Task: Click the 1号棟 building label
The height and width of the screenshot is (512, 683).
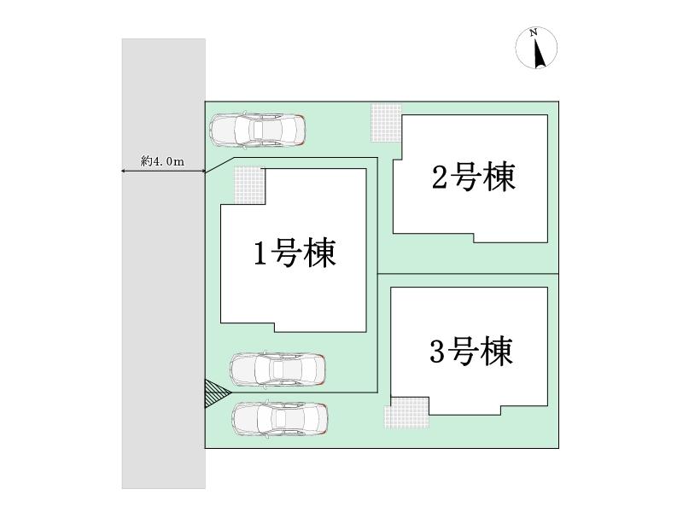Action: coord(295,253)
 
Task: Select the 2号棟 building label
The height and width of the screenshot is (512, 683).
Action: coord(474,177)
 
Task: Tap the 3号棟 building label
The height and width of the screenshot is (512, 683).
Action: coord(471,351)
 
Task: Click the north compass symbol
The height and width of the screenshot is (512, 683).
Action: coord(536,48)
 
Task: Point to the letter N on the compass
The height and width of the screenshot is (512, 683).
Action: coord(533,32)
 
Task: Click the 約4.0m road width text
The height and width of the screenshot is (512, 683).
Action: coord(162,161)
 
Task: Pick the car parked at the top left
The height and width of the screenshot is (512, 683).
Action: coord(258,130)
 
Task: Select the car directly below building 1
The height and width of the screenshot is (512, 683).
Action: coord(277,369)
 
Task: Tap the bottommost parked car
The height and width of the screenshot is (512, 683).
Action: coord(280,418)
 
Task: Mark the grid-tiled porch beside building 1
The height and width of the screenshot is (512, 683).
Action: coord(249,184)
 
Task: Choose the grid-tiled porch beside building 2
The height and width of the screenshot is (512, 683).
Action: coord(387,123)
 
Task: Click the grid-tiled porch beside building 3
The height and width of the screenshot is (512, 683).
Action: coord(406,412)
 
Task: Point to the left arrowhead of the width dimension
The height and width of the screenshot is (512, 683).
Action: coord(122,172)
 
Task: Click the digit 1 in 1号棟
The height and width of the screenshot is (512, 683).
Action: coord(260,253)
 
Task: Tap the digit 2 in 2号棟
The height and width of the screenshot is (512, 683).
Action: coord(439,177)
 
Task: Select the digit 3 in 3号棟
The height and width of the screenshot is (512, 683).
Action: coord(437,352)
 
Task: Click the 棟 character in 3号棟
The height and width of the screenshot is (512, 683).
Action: coord(497,351)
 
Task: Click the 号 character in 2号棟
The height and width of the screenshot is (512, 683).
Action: coord(464,177)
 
